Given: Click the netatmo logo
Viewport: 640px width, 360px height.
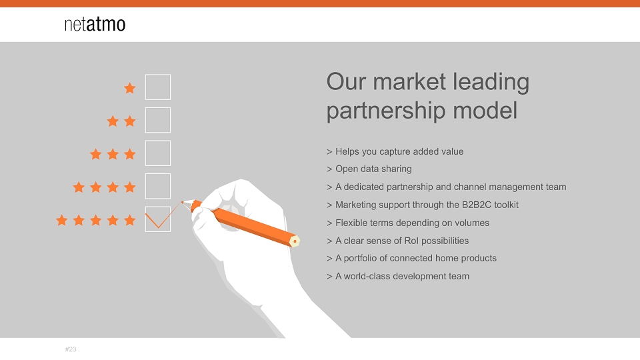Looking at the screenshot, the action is pos(95,24).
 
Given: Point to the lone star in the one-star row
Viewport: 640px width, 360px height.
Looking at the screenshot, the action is pos(130,88).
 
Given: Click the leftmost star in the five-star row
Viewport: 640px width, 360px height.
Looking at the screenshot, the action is pos(61,220).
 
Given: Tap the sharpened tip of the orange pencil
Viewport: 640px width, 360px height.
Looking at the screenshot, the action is pos(182,201).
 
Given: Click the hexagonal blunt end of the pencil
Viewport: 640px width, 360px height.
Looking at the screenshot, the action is pos(294,241).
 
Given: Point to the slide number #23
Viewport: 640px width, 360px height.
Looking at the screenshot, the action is pos(71,349).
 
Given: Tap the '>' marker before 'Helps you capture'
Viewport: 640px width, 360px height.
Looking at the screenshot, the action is pos(329,152).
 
